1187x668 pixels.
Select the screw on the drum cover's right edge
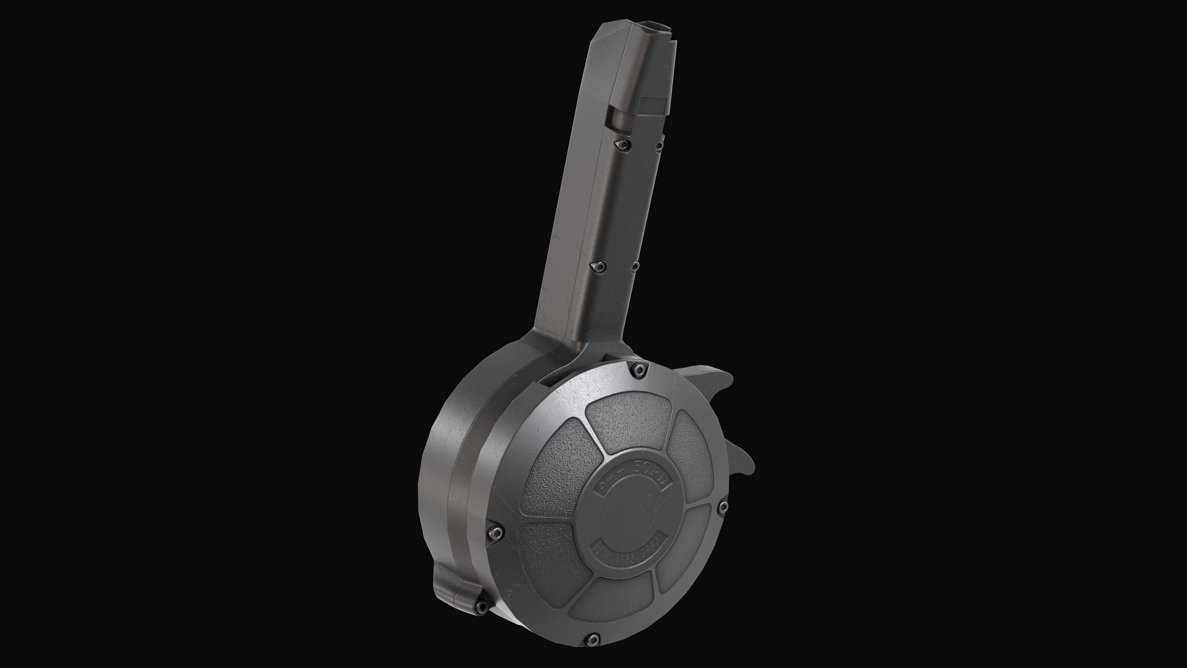(x=723, y=507)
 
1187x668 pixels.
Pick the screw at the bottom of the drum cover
(x=593, y=639)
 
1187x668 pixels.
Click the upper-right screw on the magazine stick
(x=659, y=147)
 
